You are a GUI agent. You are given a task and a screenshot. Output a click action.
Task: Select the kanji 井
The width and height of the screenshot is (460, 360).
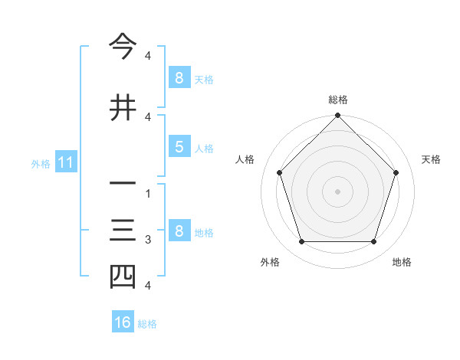(x=123, y=107)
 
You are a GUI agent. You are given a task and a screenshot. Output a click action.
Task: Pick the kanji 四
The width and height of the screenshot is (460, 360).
(x=123, y=277)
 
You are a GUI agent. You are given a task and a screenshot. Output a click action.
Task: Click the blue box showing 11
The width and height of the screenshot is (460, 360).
(x=65, y=162)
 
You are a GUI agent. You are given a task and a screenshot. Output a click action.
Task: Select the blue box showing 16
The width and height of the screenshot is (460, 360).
(x=123, y=322)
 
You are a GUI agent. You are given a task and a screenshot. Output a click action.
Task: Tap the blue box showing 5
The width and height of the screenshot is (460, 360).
(x=179, y=147)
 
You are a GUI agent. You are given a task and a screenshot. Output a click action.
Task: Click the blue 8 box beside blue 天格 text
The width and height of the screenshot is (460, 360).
(x=179, y=77)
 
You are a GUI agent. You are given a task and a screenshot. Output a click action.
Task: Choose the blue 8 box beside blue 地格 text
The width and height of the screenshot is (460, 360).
(x=179, y=231)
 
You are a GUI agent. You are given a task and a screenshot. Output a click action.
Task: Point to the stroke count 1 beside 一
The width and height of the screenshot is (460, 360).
(x=147, y=195)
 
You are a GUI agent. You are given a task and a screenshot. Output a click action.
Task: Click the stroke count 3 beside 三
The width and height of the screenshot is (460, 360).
(x=147, y=241)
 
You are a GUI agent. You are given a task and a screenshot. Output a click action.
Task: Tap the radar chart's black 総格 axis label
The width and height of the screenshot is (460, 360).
(x=337, y=100)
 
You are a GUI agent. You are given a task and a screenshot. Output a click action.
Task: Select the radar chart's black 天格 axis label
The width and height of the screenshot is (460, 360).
(x=431, y=159)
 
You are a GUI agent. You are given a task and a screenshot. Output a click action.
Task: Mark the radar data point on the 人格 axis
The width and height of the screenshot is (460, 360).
(x=279, y=172)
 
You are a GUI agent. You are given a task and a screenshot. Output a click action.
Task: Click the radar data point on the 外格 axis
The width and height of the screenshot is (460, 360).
(x=301, y=242)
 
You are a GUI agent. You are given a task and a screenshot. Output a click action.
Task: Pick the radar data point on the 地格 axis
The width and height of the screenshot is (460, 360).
(x=373, y=242)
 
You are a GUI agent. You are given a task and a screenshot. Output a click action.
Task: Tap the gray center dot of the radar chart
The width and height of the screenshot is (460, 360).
(x=337, y=191)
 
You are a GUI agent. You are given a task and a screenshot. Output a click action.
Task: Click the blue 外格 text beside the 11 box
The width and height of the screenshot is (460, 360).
(x=41, y=163)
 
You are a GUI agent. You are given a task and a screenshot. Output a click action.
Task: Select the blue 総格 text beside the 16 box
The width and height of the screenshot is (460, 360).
(x=147, y=324)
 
